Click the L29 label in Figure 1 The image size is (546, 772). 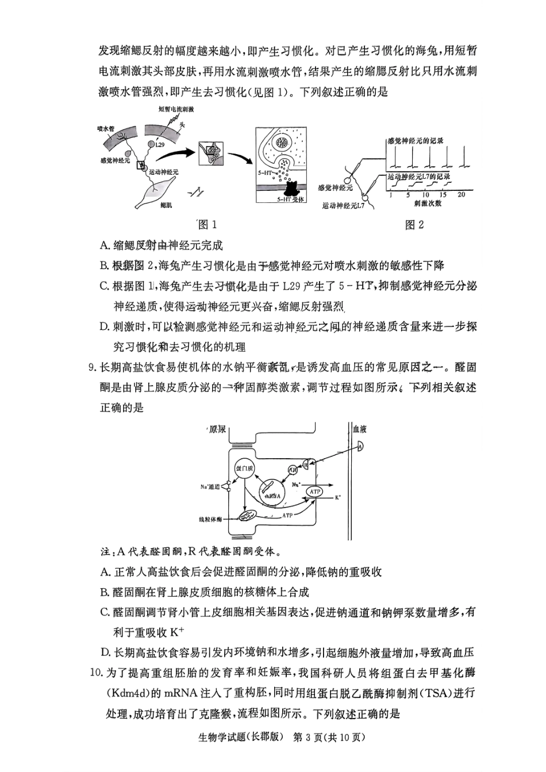click(160, 145)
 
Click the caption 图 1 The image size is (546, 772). click(207, 225)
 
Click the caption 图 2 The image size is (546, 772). click(414, 225)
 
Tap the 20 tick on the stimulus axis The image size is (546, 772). click(461, 195)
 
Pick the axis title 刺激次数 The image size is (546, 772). click(427, 203)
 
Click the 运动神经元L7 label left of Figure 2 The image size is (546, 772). click(344, 206)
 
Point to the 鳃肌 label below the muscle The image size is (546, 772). click(166, 205)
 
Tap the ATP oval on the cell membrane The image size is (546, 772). click(314, 491)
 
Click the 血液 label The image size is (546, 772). click(360, 429)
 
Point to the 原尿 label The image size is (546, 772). click(218, 429)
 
